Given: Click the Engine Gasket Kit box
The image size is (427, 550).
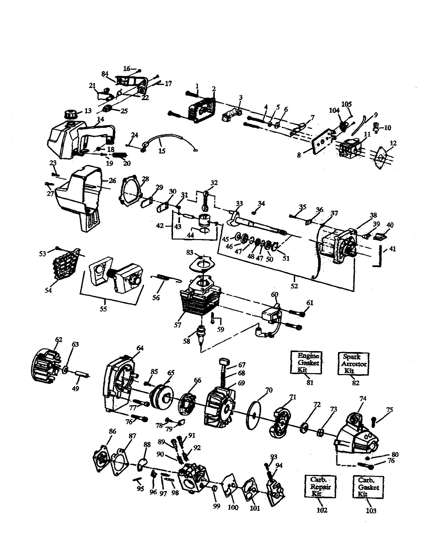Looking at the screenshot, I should (x=306, y=363).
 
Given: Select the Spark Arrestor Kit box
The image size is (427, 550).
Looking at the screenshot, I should (x=353, y=364).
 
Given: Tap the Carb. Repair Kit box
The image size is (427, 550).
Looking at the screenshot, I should (x=320, y=486).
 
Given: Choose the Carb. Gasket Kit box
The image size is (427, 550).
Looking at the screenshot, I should (x=368, y=487).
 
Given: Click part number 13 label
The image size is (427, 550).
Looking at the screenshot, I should (x=88, y=111).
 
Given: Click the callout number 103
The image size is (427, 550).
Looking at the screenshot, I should (x=370, y=511).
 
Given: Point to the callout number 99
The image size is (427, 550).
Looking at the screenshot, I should (x=216, y=506).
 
